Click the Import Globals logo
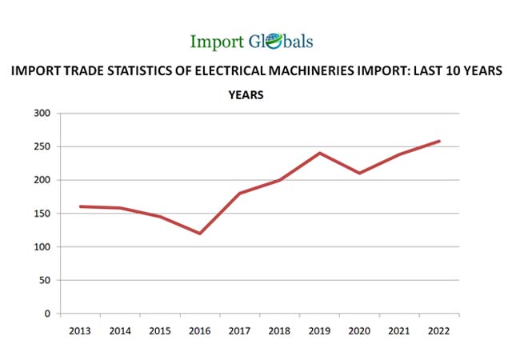point(252,41)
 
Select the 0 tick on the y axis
point(48,314)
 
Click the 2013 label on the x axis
point(80,330)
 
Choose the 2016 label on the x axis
point(200,330)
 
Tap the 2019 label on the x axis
point(320,330)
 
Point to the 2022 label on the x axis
point(439,330)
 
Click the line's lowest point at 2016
point(200,234)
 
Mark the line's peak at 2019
point(320,153)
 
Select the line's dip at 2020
point(360,173)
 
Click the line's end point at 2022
point(439,142)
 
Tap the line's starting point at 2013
point(80,206)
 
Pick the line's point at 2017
point(240,193)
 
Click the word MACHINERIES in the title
point(320,71)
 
